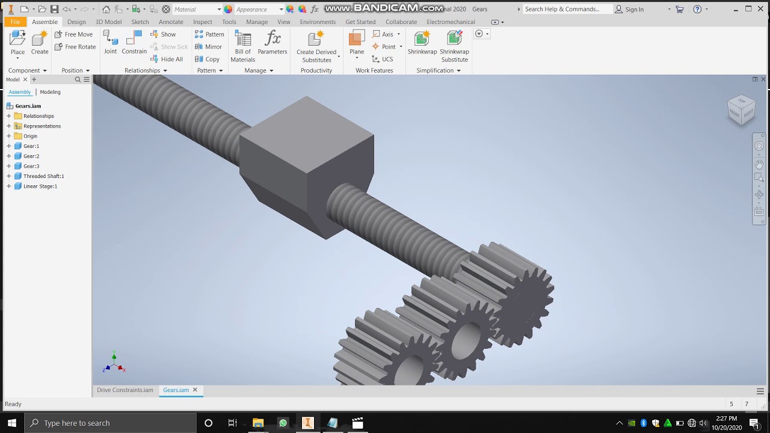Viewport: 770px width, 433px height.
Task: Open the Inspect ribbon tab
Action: (x=202, y=22)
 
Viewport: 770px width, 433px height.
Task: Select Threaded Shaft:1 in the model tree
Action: (x=43, y=176)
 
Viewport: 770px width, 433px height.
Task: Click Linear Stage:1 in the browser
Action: (x=40, y=186)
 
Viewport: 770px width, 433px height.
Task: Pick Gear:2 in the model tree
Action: (x=31, y=156)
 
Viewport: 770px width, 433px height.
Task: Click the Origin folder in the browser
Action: (x=30, y=136)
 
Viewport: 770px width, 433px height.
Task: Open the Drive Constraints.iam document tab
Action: (x=125, y=390)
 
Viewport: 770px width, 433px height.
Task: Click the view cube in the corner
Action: (x=741, y=110)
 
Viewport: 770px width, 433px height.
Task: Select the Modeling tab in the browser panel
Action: (x=50, y=92)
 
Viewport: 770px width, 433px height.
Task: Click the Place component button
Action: (x=17, y=43)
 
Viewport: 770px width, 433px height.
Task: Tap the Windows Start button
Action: (x=11, y=423)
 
